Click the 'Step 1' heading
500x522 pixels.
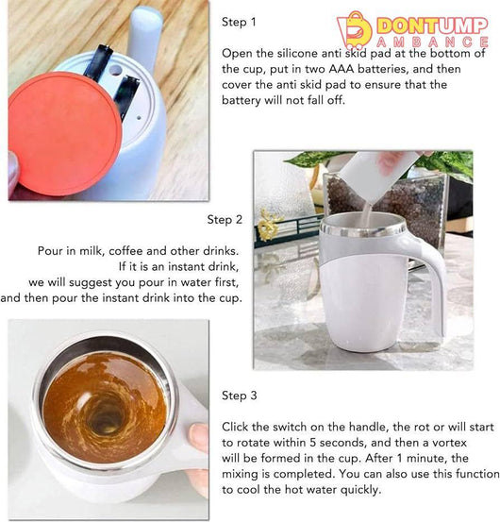pyautogui.click(x=239, y=22)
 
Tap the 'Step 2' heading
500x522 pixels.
pyautogui.click(x=225, y=220)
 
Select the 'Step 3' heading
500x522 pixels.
pyautogui.click(x=240, y=396)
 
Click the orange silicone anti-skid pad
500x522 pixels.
pyautogui.click(x=65, y=133)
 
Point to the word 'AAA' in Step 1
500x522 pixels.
pyautogui.click(x=342, y=69)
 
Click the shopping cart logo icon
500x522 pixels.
pyautogui.click(x=355, y=30)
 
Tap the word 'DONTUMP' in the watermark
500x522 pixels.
pyautogui.click(x=432, y=26)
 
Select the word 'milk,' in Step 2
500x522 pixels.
pyautogui.click(x=92, y=251)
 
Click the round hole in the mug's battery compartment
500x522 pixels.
pyautogui.click(x=115, y=70)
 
